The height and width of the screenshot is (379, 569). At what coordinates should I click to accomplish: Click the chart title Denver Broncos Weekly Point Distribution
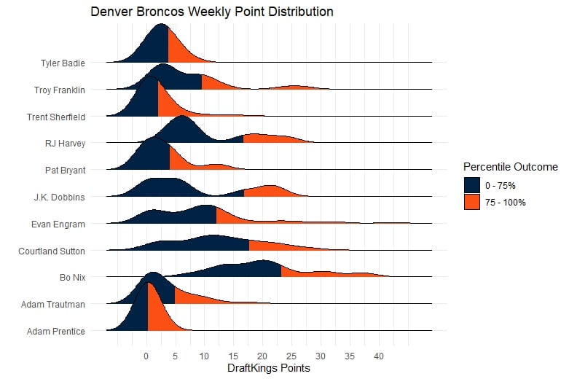(x=212, y=12)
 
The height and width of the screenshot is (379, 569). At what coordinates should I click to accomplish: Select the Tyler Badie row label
(x=63, y=63)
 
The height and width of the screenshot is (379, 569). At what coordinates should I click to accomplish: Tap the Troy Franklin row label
(x=60, y=90)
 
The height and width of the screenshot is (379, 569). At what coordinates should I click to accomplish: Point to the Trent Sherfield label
(x=56, y=117)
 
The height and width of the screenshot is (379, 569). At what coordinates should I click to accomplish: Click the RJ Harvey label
(x=65, y=144)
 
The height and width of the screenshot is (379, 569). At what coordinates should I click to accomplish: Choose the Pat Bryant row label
(x=64, y=171)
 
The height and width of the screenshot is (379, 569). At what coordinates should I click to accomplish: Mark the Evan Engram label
(x=61, y=224)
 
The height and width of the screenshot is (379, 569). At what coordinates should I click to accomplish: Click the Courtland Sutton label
(x=52, y=251)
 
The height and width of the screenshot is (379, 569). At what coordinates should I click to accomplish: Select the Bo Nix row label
(x=72, y=278)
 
